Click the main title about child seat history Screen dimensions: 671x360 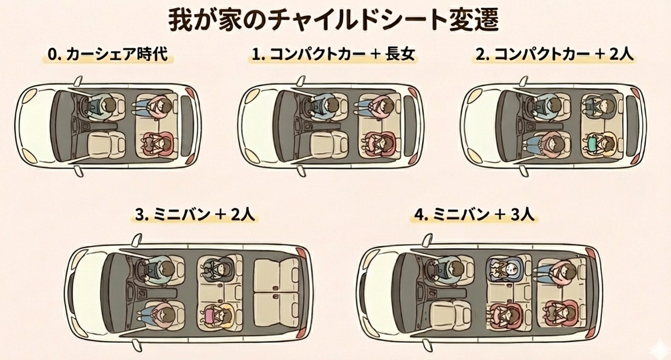tap(333, 20)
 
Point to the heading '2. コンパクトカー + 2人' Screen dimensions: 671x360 tap(554, 55)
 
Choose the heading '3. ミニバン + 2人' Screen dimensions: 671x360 tap(195, 214)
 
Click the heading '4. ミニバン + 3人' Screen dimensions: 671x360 tap(475, 214)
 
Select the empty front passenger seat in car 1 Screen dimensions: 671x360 tap(329, 144)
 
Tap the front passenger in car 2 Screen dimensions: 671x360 tap(549, 144)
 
